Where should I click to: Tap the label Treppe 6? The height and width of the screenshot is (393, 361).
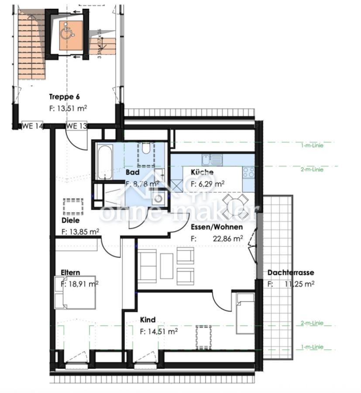pyautogui.click(x=64, y=97)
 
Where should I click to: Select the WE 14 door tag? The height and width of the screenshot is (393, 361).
pyautogui.click(x=33, y=126)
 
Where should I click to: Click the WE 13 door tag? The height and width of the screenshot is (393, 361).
pyautogui.click(x=76, y=126)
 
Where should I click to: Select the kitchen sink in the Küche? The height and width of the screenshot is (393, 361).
pyautogui.click(x=212, y=159)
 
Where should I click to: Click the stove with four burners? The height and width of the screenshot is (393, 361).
pyautogui.click(x=248, y=172)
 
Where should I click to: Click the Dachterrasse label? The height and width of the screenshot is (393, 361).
pyautogui.click(x=291, y=272)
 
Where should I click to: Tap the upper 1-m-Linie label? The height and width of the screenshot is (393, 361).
pyautogui.click(x=312, y=145)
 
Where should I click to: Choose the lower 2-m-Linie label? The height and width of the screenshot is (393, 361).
pyautogui.click(x=312, y=323)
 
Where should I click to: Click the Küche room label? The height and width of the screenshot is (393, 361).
pyautogui.click(x=202, y=172)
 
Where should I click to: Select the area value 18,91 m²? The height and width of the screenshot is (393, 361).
pyautogui.click(x=83, y=284)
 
